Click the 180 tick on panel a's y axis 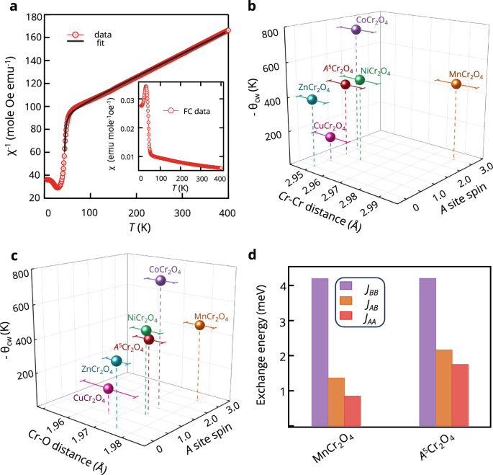31,16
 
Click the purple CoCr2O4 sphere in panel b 356,30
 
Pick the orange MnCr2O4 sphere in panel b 456,84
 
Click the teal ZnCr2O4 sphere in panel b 312,99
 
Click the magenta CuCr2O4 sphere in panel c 108,389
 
